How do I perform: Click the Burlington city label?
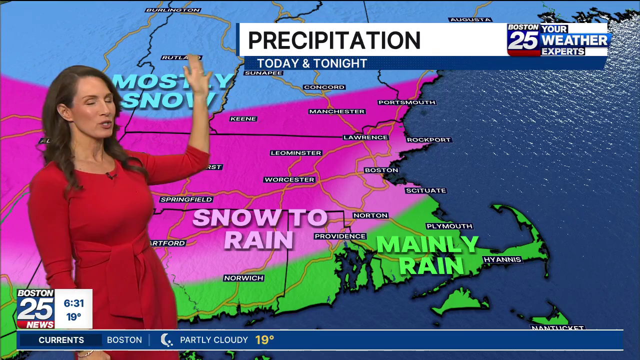pos(173,10)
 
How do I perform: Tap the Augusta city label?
pos(470,20)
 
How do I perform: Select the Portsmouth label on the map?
pos(407,102)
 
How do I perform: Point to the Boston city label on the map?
pos(381,170)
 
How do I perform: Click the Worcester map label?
pos(289,179)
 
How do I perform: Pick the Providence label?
pos(340,236)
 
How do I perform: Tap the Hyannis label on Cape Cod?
pos(502,259)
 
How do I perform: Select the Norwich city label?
pos(243,278)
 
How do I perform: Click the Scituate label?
pos(426,190)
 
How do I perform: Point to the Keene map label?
pos(243,119)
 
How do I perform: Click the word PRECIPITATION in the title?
pos(334,40)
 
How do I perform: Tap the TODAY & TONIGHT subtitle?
pos(312,63)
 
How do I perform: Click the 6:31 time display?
pos(74,303)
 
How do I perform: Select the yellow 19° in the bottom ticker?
pos(264,340)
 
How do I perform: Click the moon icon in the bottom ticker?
pos(166,340)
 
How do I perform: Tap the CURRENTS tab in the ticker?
pos(61,340)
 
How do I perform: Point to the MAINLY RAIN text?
pos(427,255)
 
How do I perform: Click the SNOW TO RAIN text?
pos(260,229)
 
